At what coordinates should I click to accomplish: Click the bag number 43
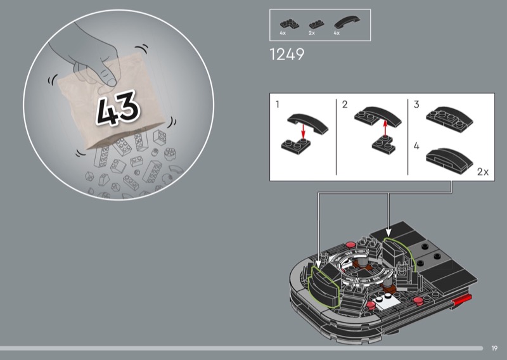(x=119, y=108)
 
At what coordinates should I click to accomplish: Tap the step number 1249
(x=287, y=55)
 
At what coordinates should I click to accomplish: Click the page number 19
(x=494, y=348)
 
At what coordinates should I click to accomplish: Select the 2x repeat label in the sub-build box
(x=483, y=171)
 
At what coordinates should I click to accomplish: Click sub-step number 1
(x=278, y=104)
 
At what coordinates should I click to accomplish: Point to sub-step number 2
(x=345, y=104)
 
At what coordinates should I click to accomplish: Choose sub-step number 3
(x=416, y=104)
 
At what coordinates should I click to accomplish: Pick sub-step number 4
(x=416, y=146)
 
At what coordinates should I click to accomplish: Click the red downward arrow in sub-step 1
(x=303, y=131)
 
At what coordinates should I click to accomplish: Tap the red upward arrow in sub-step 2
(x=385, y=128)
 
